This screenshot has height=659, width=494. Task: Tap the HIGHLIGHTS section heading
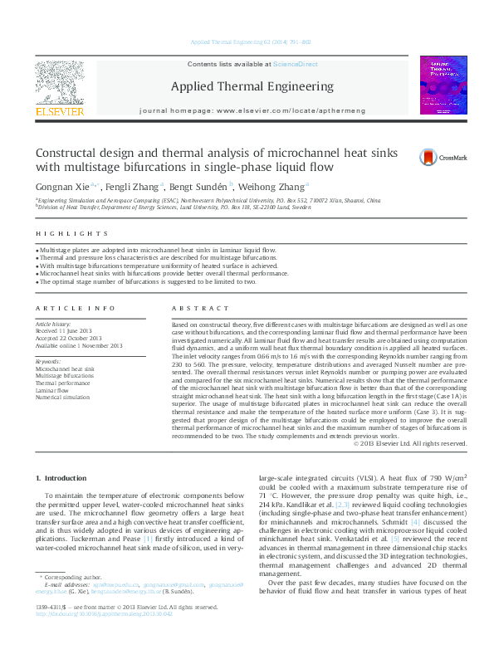pyautogui.click(x=56, y=235)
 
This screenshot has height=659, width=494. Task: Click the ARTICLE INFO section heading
pyautogui.click(x=64, y=307)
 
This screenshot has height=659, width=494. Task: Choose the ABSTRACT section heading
pyautogui.click(x=188, y=307)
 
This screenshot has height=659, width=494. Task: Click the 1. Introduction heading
pyautogui.click(x=63, y=478)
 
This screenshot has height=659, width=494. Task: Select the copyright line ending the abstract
pyautogui.click(x=411, y=444)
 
